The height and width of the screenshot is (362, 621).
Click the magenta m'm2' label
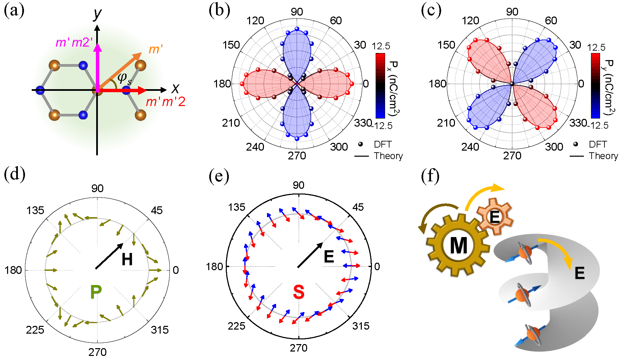[x=74, y=42]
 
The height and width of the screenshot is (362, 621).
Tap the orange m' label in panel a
[x=156, y=49]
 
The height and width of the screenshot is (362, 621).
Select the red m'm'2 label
[x=165, y=102]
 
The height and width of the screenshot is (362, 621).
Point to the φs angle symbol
[x=124, y=78]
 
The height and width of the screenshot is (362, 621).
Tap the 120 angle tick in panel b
[x=255, y=21]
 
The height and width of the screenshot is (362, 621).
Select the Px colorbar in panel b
[x=380, y=85]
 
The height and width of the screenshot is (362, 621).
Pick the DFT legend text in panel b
[x=382, y=145]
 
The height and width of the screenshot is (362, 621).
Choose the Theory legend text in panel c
[x=603, y=156]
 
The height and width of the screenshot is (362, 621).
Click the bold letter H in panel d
[x=127, y=259]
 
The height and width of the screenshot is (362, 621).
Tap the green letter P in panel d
[x=96, y=291]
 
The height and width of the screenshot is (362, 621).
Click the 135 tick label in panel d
[x=35, y=210]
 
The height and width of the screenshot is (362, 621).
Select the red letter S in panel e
[x=299, y=292]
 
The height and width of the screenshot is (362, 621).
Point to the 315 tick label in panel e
[x=361, y=326]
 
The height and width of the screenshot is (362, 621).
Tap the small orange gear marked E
[x=494, y=216]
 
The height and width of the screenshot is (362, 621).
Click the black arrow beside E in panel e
[x=310, y=255]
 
